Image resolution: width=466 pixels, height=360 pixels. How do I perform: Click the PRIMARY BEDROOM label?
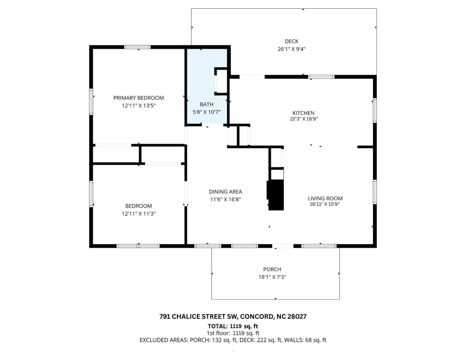139,98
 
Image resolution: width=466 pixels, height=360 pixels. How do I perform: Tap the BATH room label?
207,104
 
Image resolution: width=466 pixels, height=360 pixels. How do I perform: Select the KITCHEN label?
303,113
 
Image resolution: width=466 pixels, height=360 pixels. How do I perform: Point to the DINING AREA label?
225,191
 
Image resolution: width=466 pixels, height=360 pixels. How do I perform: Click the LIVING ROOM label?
325,198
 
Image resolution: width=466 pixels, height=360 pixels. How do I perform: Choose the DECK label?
291,41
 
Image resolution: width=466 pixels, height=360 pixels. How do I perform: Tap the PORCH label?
272,269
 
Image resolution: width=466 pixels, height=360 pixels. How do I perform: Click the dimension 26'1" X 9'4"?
291,49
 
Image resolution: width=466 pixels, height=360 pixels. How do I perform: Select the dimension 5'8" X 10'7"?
207,112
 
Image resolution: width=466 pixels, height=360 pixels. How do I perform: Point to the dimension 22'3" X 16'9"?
304,119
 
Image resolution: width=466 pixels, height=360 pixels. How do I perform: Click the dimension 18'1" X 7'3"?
272,277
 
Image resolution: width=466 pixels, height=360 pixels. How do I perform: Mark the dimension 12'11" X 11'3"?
139,214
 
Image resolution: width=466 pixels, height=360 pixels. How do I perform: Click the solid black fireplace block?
275,195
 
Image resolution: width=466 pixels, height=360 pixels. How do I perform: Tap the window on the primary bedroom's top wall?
137,47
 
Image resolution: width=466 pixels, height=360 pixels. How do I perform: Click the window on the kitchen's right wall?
375,110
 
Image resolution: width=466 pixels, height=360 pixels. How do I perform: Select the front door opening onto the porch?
283,246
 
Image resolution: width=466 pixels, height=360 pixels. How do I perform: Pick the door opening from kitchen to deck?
252,77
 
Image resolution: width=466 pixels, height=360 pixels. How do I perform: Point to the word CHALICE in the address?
188,317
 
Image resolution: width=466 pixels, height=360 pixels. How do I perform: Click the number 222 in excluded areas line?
260,340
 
